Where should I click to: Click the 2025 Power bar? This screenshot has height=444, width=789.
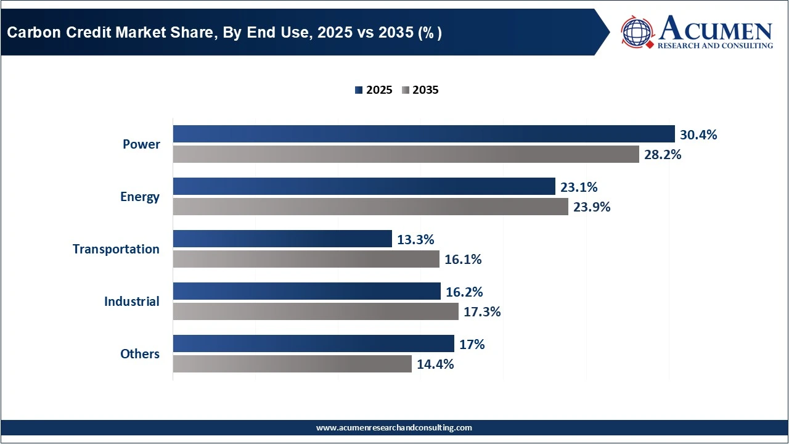[423, 134]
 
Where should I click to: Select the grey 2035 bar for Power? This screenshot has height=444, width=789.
[406, 154]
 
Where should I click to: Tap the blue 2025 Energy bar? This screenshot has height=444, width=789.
[364, 186]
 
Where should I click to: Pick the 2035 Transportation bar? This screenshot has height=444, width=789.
[306, 259]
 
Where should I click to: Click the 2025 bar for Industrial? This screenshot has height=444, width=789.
[306, 291]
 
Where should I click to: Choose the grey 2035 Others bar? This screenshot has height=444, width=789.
[292, 364]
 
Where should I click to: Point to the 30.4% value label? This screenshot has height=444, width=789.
[698, 134]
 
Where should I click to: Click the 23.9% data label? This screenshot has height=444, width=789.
[592, 207]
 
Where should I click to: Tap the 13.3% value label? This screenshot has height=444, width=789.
[415, 239]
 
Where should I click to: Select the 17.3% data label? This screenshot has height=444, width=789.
[482, 312]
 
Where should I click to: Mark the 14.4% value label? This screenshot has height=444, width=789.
[435, 364]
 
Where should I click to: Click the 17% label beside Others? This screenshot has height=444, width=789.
[472, 344]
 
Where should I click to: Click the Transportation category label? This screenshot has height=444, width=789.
[116, 249]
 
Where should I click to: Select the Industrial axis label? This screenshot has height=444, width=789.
[131, 302]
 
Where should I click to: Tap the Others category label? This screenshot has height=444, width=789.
[140, 354]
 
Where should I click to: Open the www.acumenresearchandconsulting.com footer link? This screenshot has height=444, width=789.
[394, 427]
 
